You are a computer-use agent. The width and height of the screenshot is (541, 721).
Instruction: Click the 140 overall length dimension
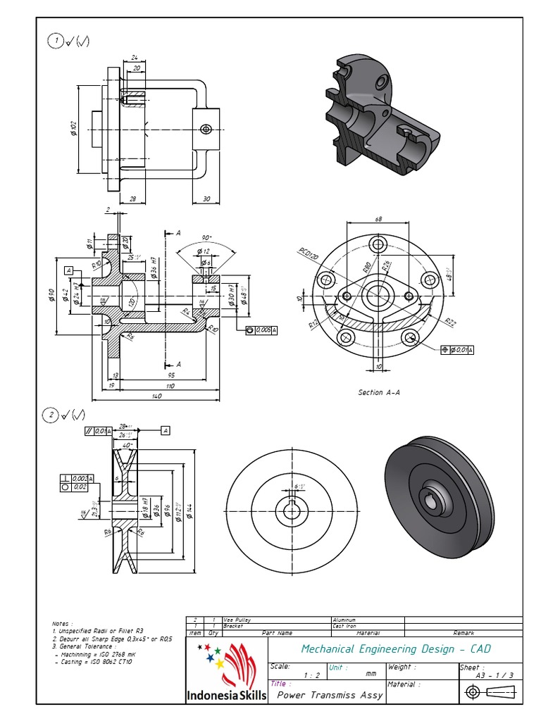point(156,396)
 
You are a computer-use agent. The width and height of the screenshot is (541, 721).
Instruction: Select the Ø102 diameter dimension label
point(73,129)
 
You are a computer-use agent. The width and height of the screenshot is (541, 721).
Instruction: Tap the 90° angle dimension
point(206,237)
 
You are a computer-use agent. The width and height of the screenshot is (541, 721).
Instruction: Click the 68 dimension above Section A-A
point(378,219)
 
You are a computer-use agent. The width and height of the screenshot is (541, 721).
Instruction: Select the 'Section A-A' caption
point(378,393)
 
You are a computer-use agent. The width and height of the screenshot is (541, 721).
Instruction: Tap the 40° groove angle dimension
point(127,445)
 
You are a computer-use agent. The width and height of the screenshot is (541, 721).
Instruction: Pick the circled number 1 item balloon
point(54,41)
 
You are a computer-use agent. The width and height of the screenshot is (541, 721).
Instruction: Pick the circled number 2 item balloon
point(50,415)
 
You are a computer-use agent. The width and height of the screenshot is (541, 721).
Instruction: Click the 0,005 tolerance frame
point(262,330)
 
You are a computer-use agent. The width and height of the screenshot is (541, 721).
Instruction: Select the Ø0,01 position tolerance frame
point(457,350)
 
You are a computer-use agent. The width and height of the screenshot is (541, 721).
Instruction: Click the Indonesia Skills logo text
point(226,696)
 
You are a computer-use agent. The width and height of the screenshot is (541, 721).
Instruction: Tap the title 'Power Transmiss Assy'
point(330,695)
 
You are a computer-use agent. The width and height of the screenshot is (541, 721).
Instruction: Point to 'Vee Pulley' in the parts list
point(237,620)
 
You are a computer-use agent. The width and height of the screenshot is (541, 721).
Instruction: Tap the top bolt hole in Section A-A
point(378,244)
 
